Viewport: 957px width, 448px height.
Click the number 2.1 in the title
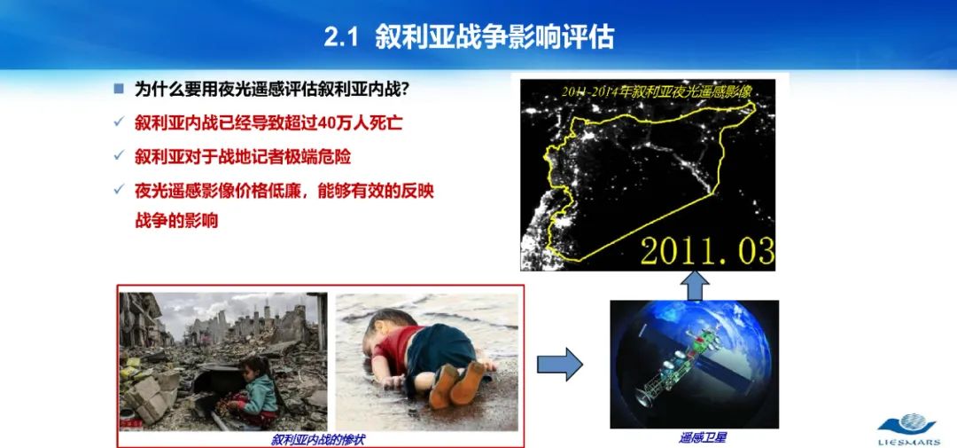click(339, 37)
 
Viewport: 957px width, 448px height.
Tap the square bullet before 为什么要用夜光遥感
click(118, 89)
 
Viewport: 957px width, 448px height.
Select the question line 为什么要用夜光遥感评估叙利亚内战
click(271, 89)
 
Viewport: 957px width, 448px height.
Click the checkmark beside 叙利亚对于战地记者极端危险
click(118, 156)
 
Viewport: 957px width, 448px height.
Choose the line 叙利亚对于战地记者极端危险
click(243, 156)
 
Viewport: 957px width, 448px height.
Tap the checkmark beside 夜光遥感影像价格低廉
click(118, 190)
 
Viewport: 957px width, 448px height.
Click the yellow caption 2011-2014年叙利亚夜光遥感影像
click(657, 90)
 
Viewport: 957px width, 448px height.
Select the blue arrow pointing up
click(696, 285)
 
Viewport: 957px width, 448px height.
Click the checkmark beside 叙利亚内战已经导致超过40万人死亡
click(118, 122)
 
